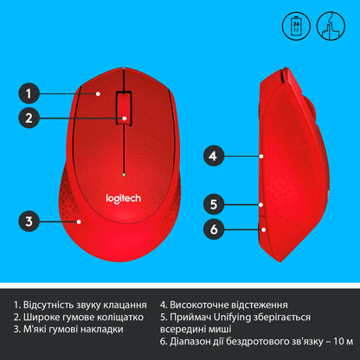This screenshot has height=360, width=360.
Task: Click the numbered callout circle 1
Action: [x=29, y=93]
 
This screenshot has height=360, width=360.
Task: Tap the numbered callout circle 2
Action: [x=29, y=119]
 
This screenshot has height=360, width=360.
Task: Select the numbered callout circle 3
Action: [x=29, y=222]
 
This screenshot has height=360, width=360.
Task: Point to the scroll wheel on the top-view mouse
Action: [x=126, y=108]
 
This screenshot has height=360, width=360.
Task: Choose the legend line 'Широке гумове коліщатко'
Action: [x=76, y=318]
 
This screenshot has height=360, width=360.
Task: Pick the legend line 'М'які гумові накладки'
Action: [x=68, y=329]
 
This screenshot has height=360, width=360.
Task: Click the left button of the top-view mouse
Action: [x=100, y=104]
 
